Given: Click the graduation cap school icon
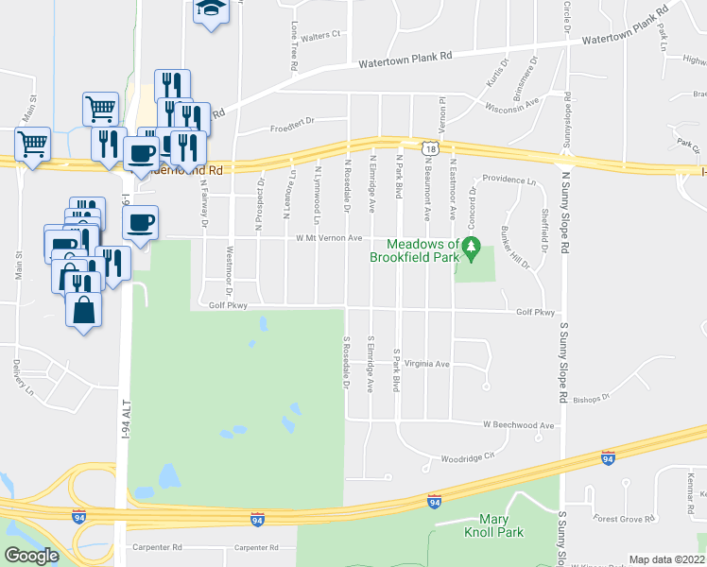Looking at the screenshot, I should coord(210,10).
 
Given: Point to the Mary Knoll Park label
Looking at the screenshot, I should coord(501,525).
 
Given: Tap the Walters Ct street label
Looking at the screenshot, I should coord(321,35).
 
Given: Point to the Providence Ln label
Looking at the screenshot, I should coord(509,179).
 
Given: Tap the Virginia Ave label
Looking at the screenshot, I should coord(427,363).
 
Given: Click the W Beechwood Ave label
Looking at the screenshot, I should coord(519,425).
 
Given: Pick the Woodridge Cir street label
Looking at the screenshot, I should coord(468,457).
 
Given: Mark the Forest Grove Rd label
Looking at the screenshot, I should coord(624,519).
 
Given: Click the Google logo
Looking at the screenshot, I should coord(31,556).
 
